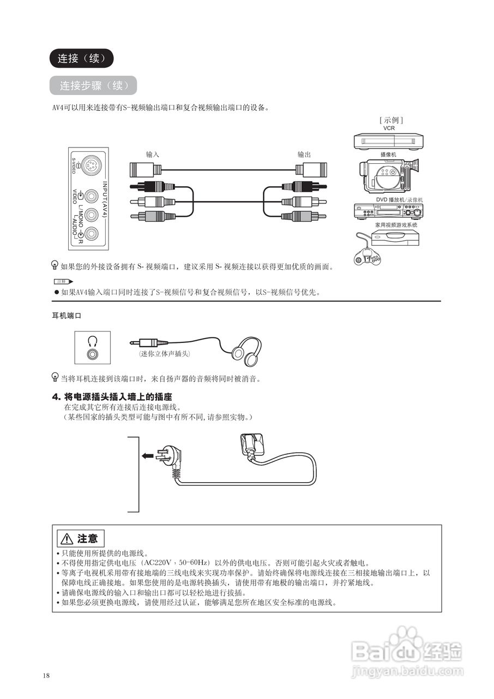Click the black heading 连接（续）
click(81, 58)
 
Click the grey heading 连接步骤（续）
click(93, 86)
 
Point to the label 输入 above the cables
click(153, 155)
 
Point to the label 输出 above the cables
click(304, 155)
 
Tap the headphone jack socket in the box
click(93, 353)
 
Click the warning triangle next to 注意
click(67, 539)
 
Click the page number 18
click(46, 676)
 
